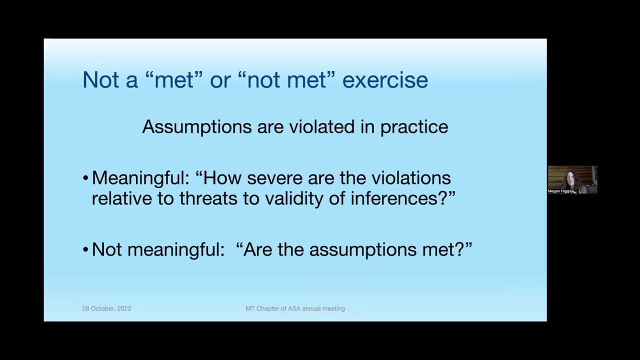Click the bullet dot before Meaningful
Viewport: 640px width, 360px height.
pyautogui.click(x=85, y=178)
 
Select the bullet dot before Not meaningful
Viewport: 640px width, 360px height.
pyautogui.click(x=85, y=250)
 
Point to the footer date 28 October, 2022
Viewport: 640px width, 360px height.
pyautogui.click(x=106, y=308)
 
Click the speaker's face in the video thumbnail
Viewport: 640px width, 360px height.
pyautogui.click(x=570, y=178)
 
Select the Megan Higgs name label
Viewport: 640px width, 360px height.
pyautogui.click(x=559, y=191)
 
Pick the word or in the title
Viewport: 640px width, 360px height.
pyautogui.click(x=219, y=80)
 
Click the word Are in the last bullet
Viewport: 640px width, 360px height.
pyautogui.click(x=257, y=249)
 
